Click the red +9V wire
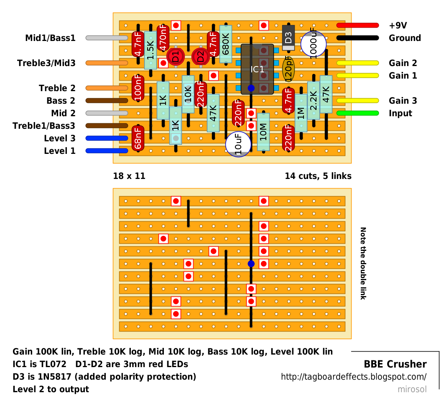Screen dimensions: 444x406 tap(357, 26)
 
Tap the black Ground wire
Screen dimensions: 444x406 tap(357, 38)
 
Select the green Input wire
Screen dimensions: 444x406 tap(357, 113)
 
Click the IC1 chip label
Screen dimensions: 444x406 tap(257, 69)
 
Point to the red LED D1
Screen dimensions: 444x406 tap(176, 56)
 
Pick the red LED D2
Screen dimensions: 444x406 tap(201, 56)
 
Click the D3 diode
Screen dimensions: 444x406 tap(288, 38)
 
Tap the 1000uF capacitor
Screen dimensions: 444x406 tap(314, 44)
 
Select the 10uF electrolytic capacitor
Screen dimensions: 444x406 tap(238, 144)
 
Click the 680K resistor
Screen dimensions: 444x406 tap(226, 44)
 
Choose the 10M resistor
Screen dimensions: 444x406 tap(263, 132)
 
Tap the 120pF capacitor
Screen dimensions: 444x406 tap(288, 69)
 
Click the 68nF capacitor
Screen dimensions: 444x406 tap(138, 138)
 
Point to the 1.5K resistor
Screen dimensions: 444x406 tap(151, 51)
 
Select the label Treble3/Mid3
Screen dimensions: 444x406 tap(46, 63)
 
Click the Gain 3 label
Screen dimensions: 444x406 tap(403, 101)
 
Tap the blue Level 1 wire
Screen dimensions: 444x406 tap(107, 151)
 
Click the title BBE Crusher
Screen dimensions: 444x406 tap(395, 364)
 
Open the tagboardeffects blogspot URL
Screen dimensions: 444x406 tap(354, 377)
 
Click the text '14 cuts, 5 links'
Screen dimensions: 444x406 tap(318, 176)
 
